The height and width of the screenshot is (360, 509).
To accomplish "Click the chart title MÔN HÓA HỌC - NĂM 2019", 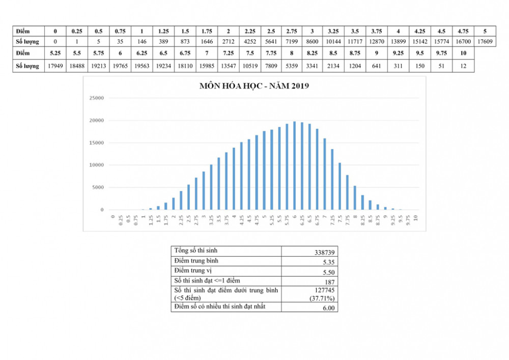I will point(254,86).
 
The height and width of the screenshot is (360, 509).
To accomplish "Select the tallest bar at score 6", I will point(294,165).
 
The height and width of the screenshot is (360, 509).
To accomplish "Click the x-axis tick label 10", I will point(416,217).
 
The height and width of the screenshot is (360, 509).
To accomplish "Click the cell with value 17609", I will point(485,42).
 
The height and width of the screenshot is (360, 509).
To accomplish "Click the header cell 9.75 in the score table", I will point(441,53).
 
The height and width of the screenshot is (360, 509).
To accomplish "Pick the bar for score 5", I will point(264,171).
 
